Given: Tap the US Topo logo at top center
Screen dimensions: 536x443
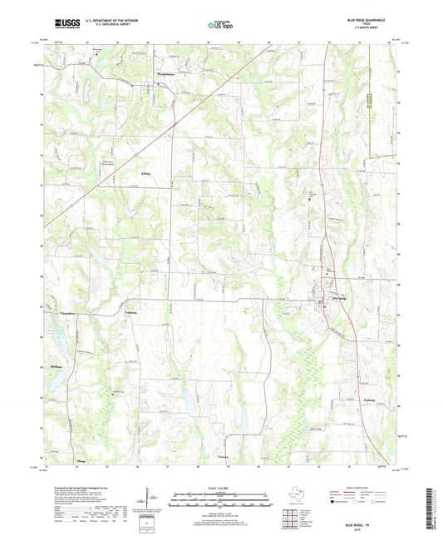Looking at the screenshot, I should point(220,25).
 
